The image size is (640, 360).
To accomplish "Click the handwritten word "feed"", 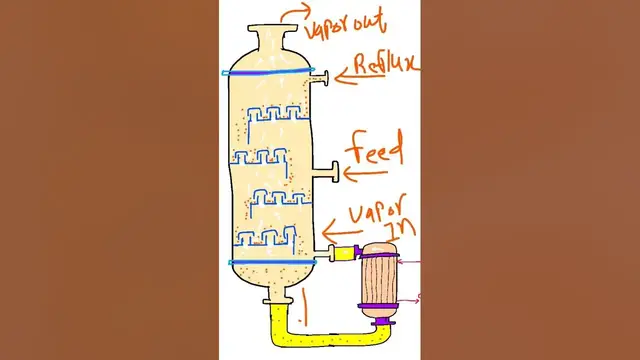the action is pos(375,153).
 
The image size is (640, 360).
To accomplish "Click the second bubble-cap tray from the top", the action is pos(258,158).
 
